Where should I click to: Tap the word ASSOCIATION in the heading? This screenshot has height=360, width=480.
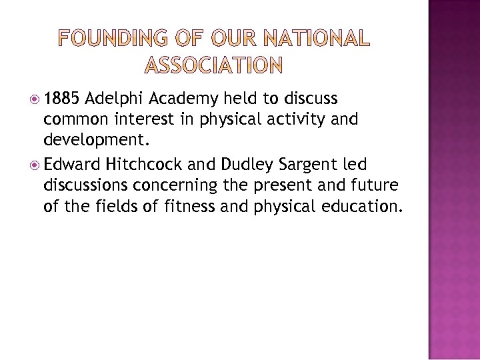point(213,65)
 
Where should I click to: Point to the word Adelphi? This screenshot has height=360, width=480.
point(115,99)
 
